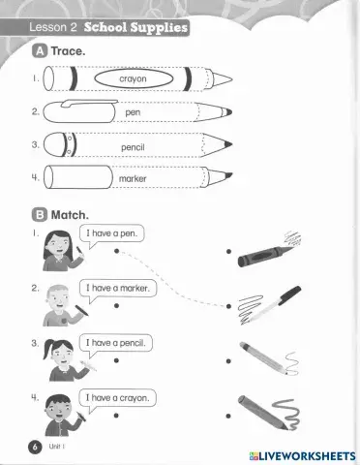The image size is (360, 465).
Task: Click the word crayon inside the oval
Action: [133, 78]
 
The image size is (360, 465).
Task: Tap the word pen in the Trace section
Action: [133, 112]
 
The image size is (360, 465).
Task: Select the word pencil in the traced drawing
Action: [133, 146]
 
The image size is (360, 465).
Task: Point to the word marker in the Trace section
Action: [133, 179]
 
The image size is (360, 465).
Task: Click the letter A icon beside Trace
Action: [40, 47]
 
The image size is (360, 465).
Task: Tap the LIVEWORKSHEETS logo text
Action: [301, 454]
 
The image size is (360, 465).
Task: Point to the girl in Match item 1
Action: [59, 250]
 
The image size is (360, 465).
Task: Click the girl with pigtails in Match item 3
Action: [58, 360]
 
